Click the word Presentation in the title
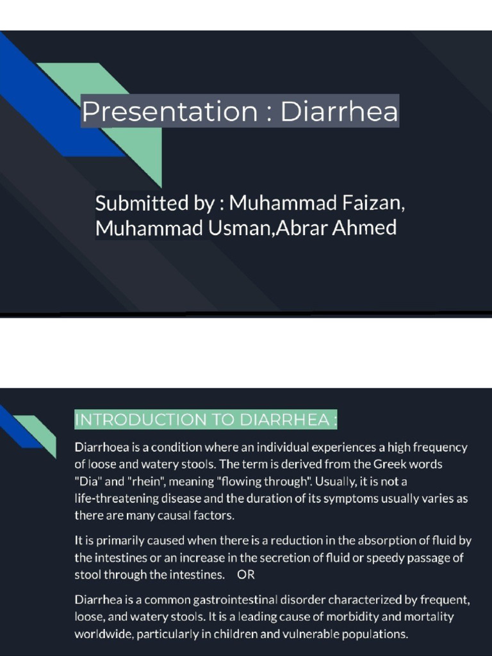tap(169, 112)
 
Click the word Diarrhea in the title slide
tap(339, 112)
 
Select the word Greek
tap(383, 464)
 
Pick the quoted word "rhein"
tap(146, 480)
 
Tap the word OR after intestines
tap(246, 574)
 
